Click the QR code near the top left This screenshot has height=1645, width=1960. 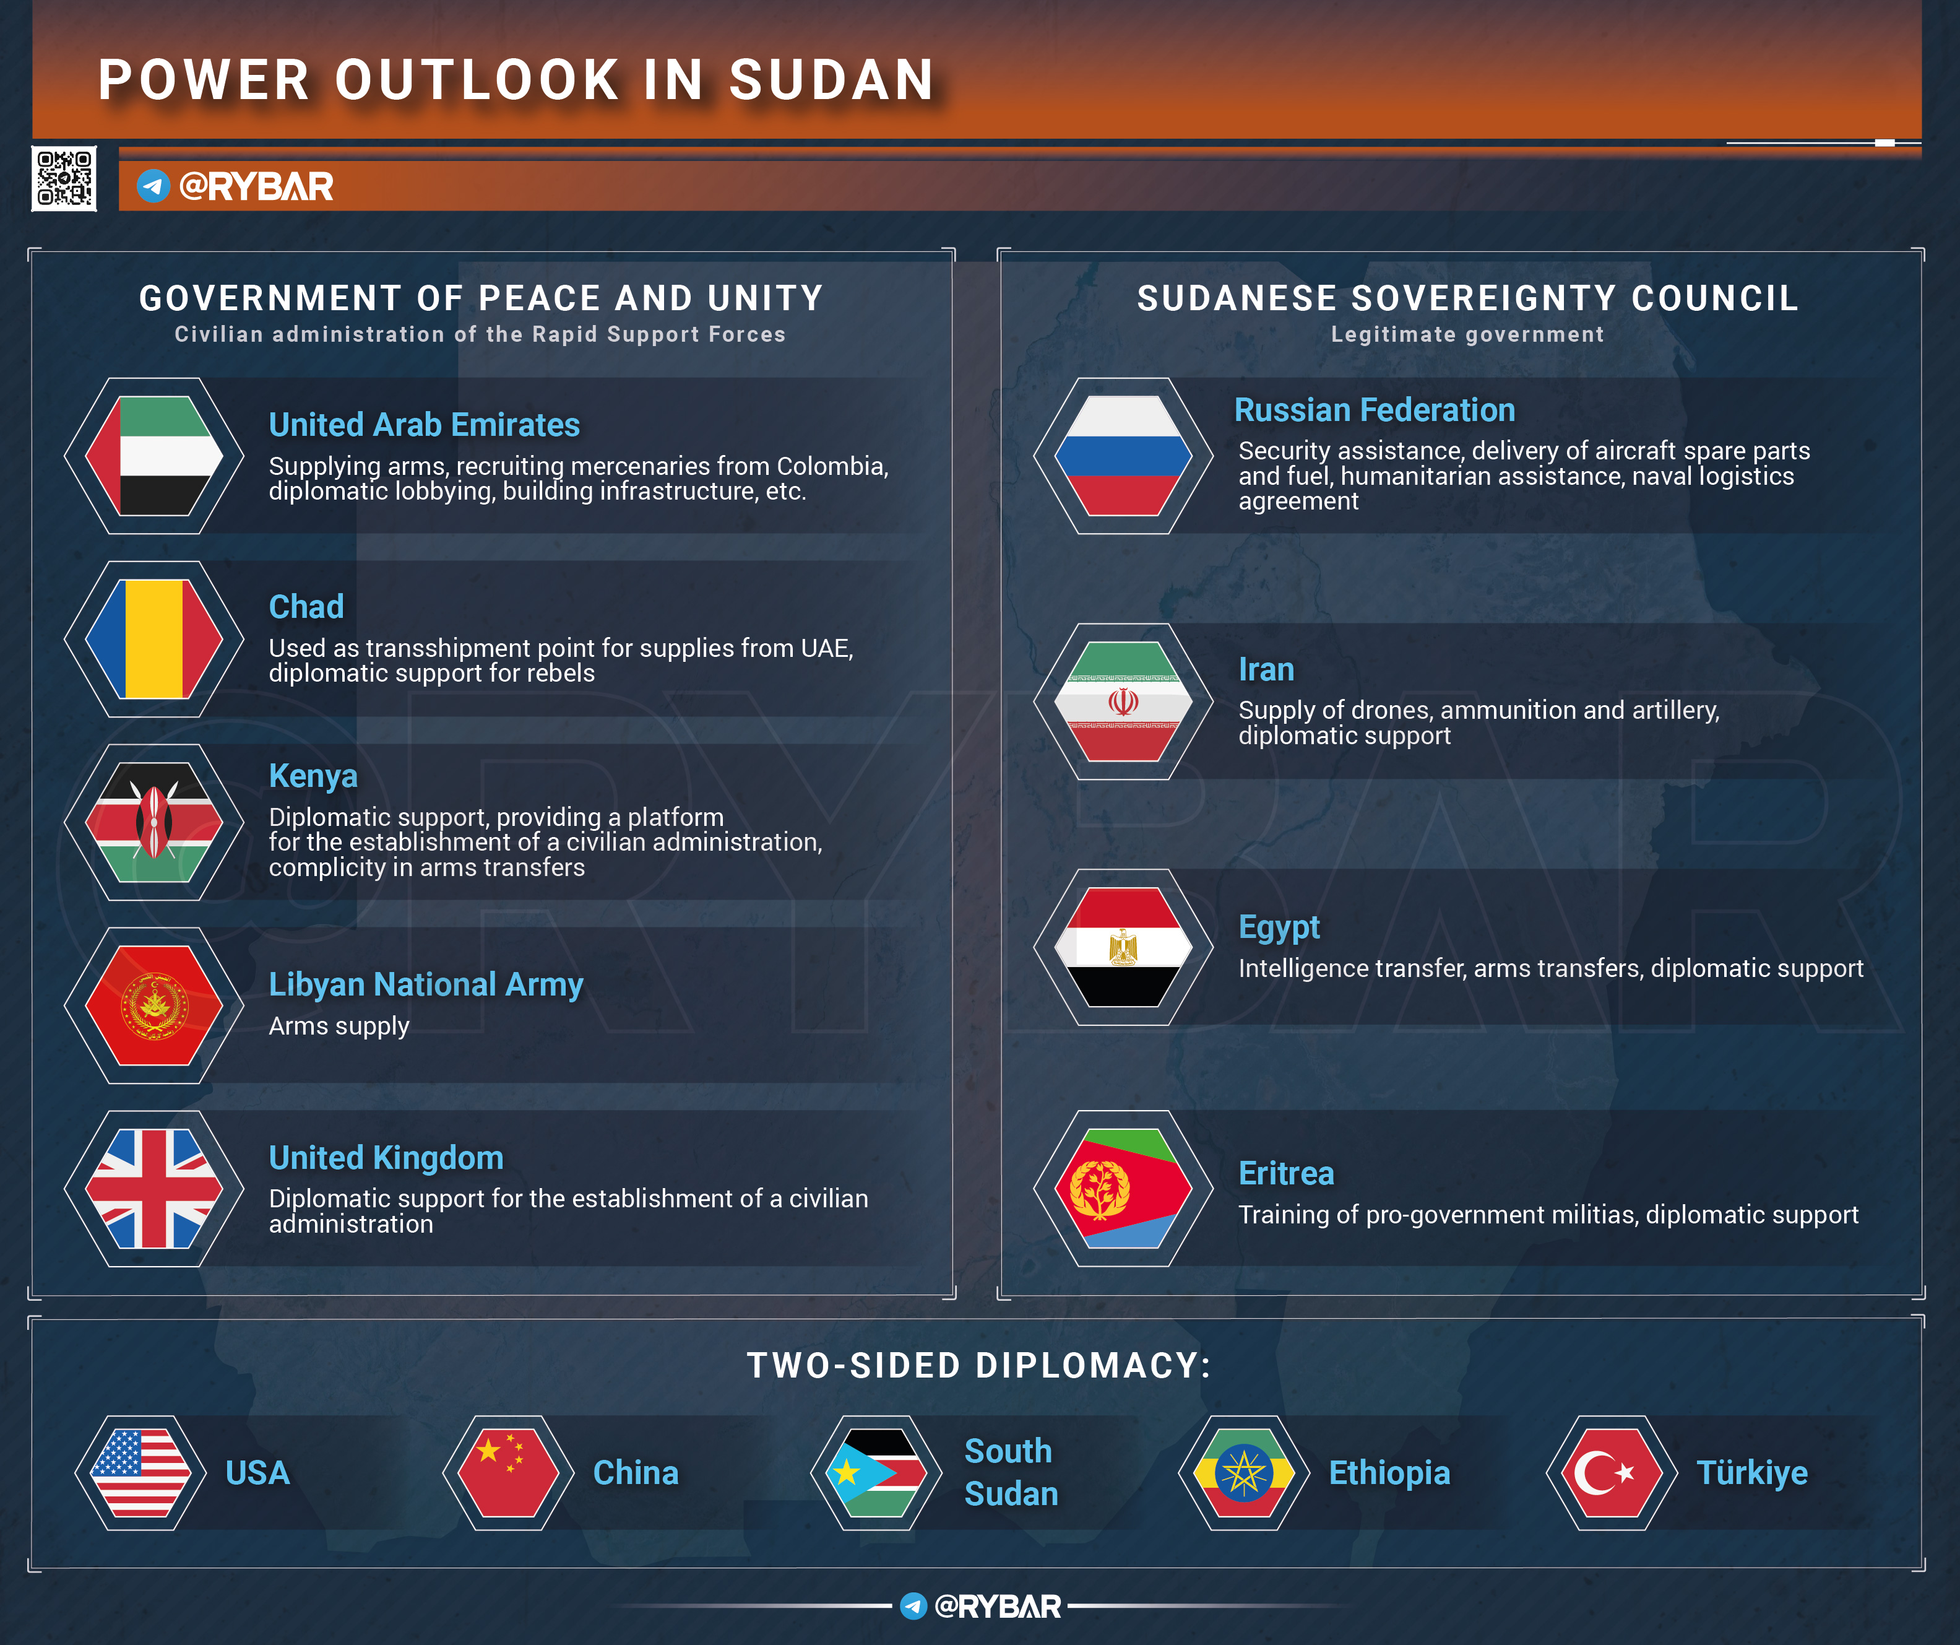click(x=64, y=178)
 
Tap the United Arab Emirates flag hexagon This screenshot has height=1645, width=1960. click(x=154, y=456)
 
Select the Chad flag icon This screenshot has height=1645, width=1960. click(x=154, y=638)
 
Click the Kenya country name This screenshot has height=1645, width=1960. click(x=313, y=776)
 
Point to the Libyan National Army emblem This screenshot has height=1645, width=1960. click(x=154, y=1005)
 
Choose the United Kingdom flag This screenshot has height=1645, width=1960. click(x=154, y=1189)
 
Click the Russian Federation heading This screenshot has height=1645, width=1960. click(x=1374, y=410)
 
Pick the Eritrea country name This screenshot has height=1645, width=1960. click(x=1286, y=1173)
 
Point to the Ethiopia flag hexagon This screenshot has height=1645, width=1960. click(x=1244, y=1472)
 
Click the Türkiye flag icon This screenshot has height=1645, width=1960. click(x=1612, y=1472)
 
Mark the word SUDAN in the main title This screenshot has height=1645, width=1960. click(x=832, y=80)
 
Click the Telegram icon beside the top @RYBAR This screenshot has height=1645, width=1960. click(x=153, y=186)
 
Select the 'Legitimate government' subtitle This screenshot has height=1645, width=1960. click(x=1467, y=334)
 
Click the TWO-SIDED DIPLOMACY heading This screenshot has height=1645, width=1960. click(x=979, y=1366)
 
